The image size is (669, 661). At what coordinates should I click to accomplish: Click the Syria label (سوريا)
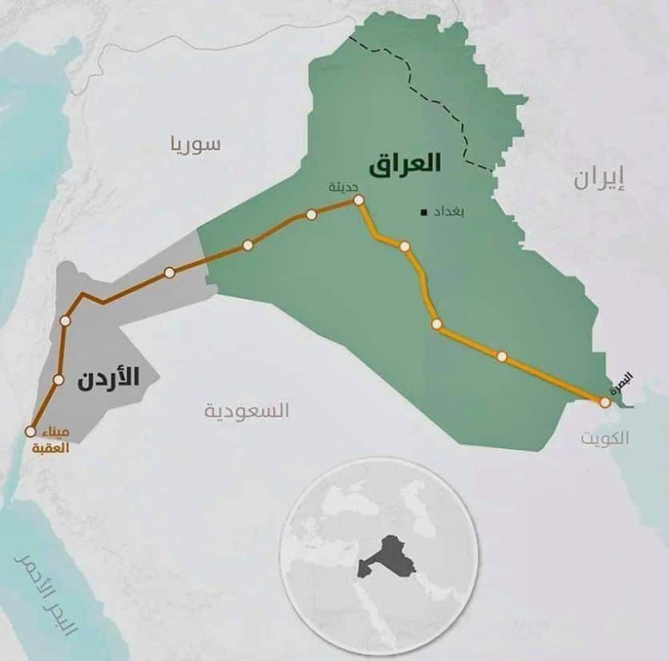194,144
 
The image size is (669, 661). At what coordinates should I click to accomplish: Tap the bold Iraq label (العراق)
404,165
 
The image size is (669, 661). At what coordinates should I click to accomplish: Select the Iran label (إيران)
598,178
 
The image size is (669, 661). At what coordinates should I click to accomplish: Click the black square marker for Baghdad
423,213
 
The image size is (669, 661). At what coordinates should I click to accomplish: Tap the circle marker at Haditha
358,200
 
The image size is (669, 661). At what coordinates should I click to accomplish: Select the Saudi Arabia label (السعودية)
247,409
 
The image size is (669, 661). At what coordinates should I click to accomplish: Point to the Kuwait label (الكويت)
605,438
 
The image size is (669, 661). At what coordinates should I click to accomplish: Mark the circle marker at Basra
605,402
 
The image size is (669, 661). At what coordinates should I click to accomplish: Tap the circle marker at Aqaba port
30,431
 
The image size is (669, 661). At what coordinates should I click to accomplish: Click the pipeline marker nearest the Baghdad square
404,246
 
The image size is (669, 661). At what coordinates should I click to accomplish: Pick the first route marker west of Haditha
312,215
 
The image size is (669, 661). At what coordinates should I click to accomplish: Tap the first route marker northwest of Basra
502,356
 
